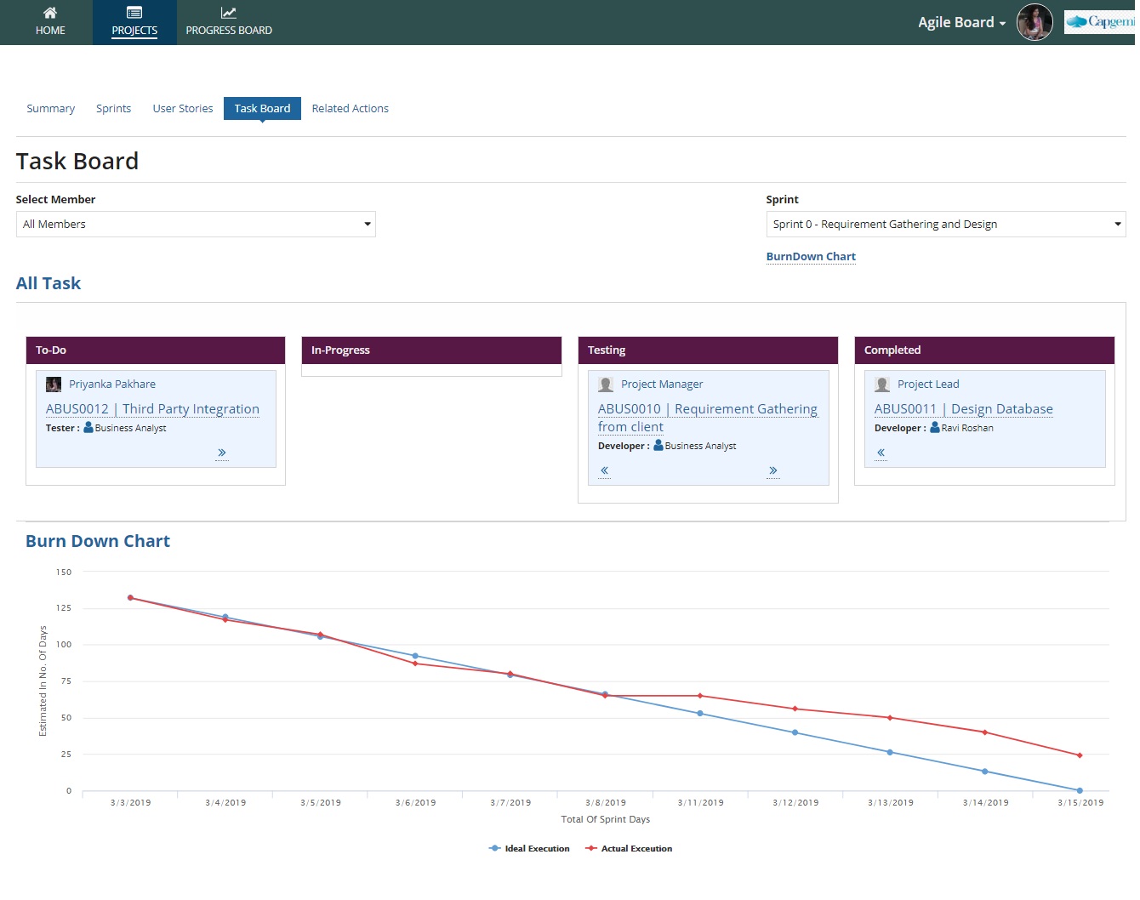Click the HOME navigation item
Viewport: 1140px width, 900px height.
(50, 22)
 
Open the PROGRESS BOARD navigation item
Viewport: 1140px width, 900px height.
(229, 22)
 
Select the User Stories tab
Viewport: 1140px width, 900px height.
(183, 109)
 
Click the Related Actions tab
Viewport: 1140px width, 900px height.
(350, 109)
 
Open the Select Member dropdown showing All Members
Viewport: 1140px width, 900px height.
(196, 225)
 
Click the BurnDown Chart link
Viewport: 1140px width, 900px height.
(811, 257)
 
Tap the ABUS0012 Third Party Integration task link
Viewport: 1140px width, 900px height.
(152, 409)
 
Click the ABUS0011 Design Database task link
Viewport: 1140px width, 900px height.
(963, 409)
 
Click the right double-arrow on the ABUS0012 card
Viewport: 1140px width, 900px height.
(222, 453)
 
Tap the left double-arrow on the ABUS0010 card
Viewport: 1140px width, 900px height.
(604, 470)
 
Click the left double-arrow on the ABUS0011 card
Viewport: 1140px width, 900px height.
(881, 453)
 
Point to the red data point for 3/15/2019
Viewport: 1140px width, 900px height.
(1080, 755)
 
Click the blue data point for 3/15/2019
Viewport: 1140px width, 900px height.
(1080, 791)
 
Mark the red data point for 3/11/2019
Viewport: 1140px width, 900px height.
(700, 696)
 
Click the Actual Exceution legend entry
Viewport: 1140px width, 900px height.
(629, 849)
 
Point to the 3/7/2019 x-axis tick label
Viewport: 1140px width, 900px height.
(510, 803)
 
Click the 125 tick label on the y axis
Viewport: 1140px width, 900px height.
(64, 608)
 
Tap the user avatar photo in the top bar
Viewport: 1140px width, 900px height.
(1035, 22)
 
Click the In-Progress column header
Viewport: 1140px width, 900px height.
(431, 350)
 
